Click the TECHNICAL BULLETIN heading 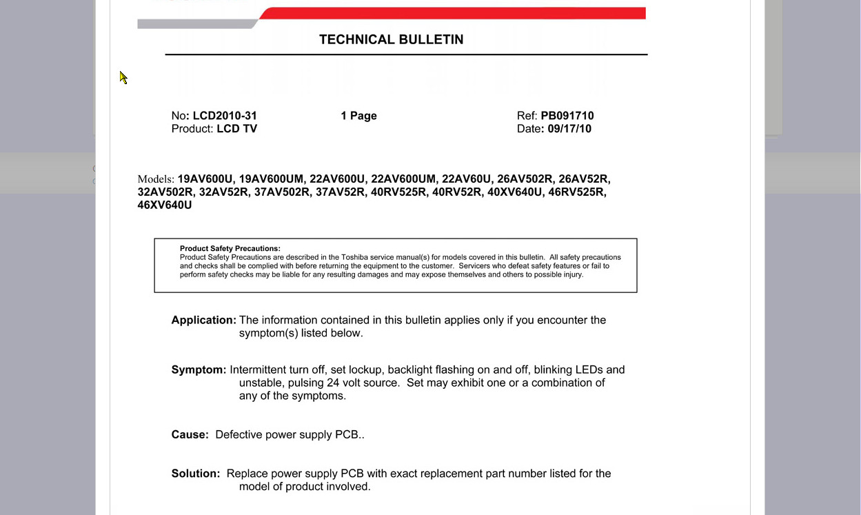point(391,40)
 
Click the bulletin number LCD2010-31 point(225,116)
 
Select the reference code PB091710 point(567,116)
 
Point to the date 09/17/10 point(569,129)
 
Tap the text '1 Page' point(358,116)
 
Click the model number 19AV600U point(205,179)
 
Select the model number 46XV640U point(165,205)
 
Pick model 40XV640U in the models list point(515,192)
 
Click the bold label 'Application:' point(203,321)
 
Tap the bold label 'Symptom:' point(199,370)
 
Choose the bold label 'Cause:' point(190,435)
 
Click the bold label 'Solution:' point(196,474)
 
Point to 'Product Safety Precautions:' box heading point(230,249)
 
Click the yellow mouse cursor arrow point(123,77)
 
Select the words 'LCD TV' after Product point(236,129)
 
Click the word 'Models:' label point(156,179)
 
